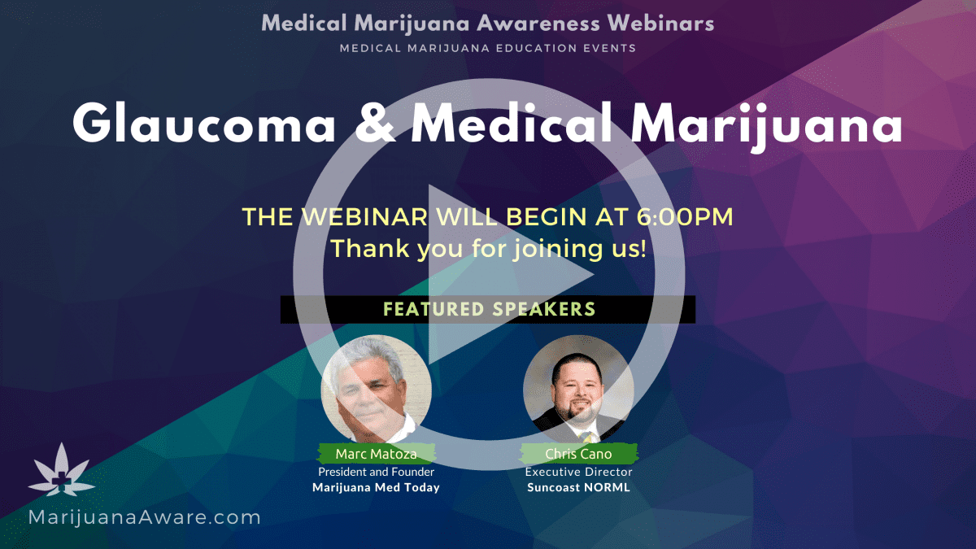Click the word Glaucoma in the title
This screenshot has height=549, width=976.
(x=204, y=124)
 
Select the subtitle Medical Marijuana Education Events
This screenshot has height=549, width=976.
(x=488, y=48)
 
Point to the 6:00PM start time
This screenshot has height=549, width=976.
(x=685, y=216)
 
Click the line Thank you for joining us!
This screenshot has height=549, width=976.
(x=488, y=249)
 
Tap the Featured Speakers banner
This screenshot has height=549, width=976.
(x=488, y=309)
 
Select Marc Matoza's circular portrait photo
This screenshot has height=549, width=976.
(x=377, y=389)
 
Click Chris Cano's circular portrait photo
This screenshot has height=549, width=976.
(x=578, y=389)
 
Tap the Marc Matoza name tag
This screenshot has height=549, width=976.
(x=377, y=454)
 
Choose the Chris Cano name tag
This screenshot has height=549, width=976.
(x=578, y=454)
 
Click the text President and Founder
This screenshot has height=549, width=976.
(x=377, y=472)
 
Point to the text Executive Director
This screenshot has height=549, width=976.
(x=578, y=472)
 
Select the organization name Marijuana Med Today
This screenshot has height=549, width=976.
(x=376, y=487)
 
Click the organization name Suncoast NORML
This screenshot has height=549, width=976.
(x=578, y=487)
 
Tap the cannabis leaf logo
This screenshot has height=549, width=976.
(x=62, y=470)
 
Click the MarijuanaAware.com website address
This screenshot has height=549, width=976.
(x=144, y=517)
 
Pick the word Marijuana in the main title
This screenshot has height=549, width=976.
(x=767, y=126)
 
